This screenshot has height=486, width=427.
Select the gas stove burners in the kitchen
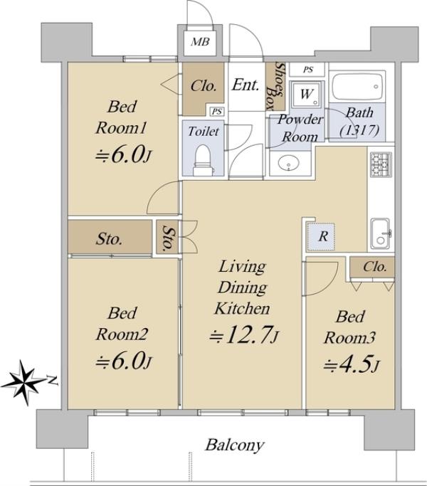pyautogui.click(x=381, y=164)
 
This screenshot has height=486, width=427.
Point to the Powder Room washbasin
pyautogui.click(x=289, y=163)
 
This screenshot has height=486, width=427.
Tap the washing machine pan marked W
pyautogui.click(x=306, y=94)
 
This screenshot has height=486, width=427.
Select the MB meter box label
pyautogui.click(x=200, y=41)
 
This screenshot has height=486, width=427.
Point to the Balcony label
pyautogui.click(x=234, y=445)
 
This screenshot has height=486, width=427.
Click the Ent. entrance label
pyautogui.click(x=246, y=85)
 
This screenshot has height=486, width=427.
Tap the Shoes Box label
pyautogui.click(x=275, y=86)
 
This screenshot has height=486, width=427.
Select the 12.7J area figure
pyautogui.click(x=244, y=335)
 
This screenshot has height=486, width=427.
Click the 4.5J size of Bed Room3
pyautogui.click(x=351, y=365)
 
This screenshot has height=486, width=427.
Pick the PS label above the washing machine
pyautogui.click(x=308, y=70)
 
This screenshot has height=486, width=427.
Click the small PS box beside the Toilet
pyautogui.click(x=217, y=111)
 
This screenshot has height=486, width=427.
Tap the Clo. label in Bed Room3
pyautogui.click(x=375, y=267)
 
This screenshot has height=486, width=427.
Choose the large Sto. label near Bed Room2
pyautogui.click(x=109, y=239)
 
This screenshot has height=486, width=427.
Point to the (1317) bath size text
pyautogui.click(x=359, y=130)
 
